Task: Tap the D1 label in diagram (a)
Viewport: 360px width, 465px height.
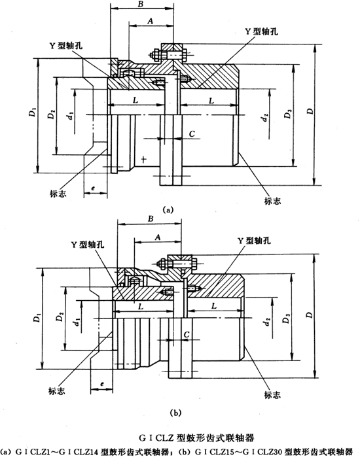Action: [x=32, y=113]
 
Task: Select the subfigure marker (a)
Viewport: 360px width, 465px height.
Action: [x=169, y=210]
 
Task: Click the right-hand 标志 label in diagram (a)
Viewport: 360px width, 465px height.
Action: [x=273, y=201]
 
